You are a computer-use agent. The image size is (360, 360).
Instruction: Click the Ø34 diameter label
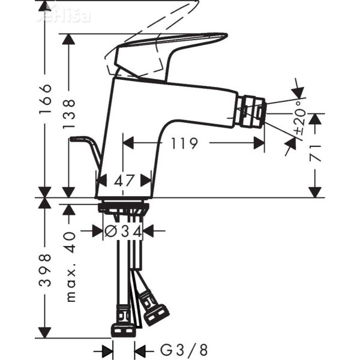coord(123,230)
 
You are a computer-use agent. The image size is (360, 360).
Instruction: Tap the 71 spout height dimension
coord(316,153)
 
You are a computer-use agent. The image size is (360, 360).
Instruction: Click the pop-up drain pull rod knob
coord(74,139)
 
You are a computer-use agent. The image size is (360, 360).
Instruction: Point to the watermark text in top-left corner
coord(63,14)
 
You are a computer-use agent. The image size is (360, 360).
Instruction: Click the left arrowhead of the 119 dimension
coord(127,143)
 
